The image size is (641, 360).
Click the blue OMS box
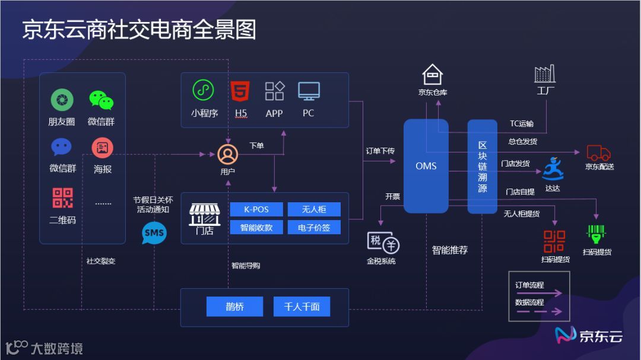426,166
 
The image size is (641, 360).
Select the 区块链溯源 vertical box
482,166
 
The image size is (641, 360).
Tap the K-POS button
256,209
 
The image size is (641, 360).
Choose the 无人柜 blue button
314,209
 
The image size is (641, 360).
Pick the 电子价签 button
314,227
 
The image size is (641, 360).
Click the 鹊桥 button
234,307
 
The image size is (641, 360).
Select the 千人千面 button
302,307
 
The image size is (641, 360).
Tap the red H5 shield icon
240,91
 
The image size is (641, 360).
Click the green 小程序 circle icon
203,90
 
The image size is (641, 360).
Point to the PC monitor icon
309,91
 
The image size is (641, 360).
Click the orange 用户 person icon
227,154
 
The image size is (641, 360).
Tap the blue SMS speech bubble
154,233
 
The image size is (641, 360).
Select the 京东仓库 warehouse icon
433,75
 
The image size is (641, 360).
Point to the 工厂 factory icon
544,74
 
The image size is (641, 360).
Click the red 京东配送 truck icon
598,153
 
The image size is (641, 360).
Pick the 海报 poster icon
102,148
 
